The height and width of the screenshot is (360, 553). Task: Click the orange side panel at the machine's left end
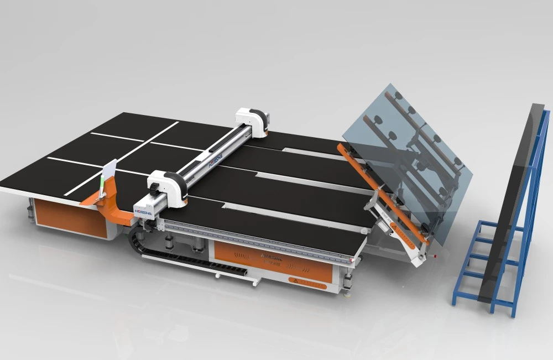(x=69, y=218)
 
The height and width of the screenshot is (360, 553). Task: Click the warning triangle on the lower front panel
(x=293, y=281)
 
